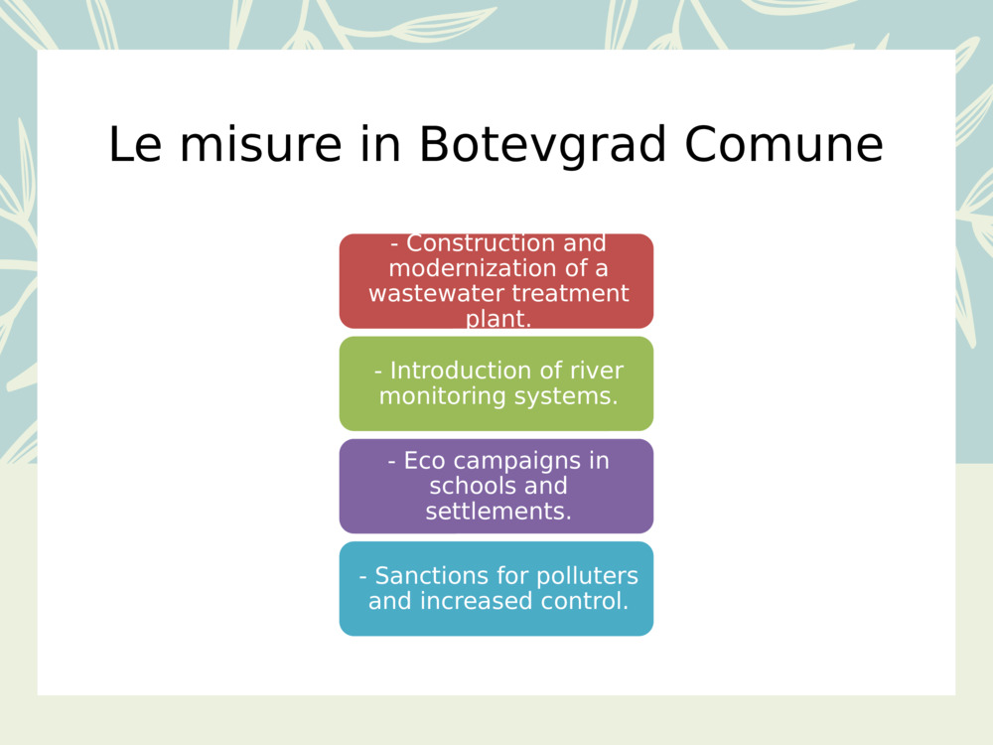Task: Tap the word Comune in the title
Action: pos(784,145)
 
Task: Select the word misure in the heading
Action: pos(261,145)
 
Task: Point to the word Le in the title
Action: pos(135,145)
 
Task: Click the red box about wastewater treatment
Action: pos(496,281)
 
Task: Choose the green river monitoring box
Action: pos(496,383)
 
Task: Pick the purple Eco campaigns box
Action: pos(496,486)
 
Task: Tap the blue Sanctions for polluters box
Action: pos(496,588)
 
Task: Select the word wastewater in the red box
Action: pos(436,293)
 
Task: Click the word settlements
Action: pos(497,512)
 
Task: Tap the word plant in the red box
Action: pos(497,319)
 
